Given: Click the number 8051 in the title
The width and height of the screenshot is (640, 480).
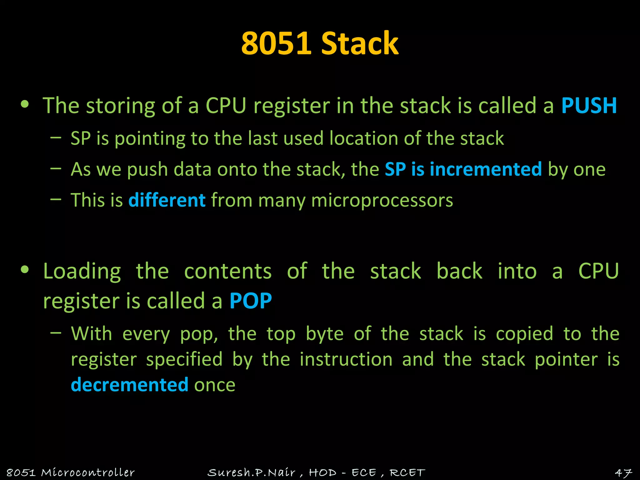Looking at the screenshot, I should coord(276,44).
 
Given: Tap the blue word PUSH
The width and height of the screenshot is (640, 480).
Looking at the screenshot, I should coord(589,105).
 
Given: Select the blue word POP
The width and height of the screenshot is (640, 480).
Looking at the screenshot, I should coord(251,301).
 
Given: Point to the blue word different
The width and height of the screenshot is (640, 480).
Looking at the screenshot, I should coord(167,200).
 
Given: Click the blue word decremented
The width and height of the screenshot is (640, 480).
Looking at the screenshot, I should coord(130,385).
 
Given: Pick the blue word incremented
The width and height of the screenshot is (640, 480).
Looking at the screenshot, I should coord(486,169).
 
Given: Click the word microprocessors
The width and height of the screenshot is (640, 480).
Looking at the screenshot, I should coord(382,200).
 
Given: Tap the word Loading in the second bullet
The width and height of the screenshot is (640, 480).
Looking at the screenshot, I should coord(82,271).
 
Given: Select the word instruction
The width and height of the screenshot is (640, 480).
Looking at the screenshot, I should coord(346,359).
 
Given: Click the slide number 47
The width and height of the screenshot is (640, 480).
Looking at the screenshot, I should coord(623,472).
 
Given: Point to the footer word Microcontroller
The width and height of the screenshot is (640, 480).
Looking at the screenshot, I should coord(88,472).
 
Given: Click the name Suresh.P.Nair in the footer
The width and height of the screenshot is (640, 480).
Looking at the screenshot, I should coord(251,472).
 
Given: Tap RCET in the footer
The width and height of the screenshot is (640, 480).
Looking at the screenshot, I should coord(407,472).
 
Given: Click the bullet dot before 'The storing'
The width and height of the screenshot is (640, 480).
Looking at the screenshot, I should coord(25,105).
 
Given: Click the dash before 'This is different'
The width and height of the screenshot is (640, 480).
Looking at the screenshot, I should coord(56,199).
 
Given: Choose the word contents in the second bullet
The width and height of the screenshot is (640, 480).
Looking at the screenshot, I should coord(228,271).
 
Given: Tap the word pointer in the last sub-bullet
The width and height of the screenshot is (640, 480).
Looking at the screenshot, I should coord(566,359).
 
